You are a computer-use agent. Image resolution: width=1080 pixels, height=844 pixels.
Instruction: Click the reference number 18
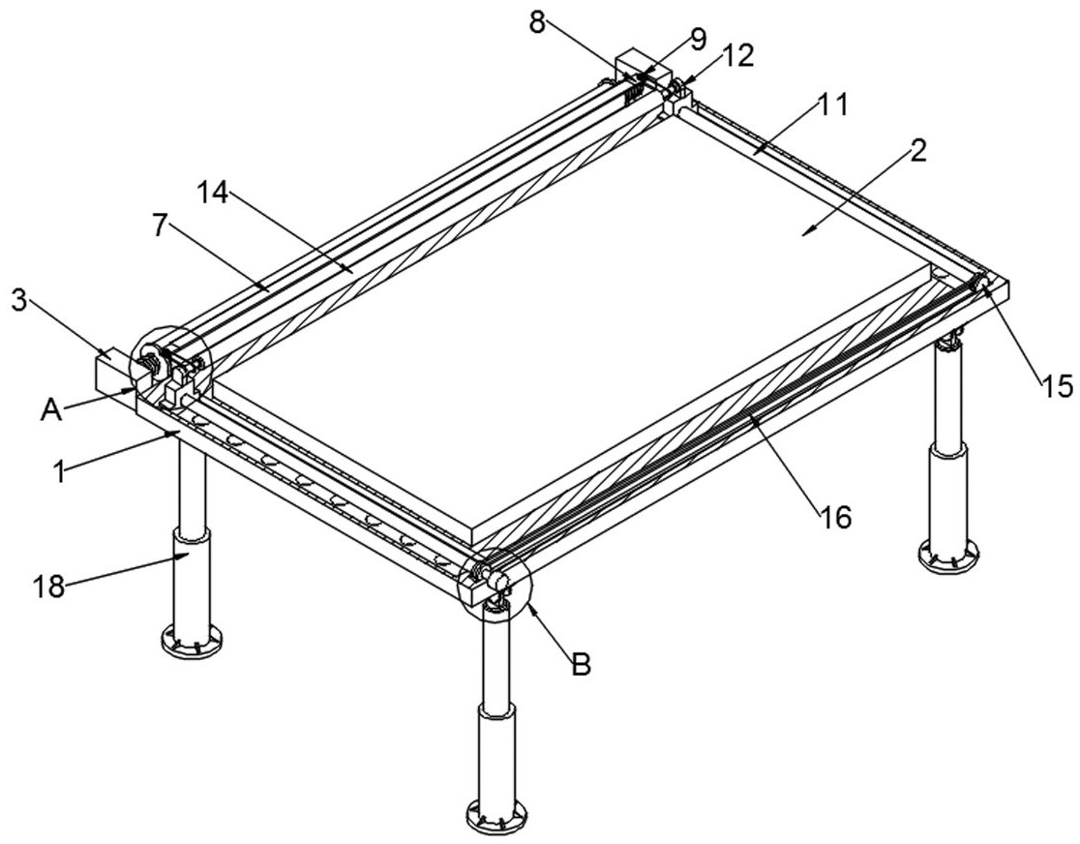click(x=48, y=587)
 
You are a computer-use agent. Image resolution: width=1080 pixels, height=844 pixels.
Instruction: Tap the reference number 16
click(x=835, y=516)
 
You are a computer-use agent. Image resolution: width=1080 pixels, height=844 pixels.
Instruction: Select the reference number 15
click(x=1057, y=386)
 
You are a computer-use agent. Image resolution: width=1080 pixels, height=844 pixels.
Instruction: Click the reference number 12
click(x=737, y=56)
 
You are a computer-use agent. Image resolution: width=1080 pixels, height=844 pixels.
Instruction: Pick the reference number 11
click(x=832, y=105)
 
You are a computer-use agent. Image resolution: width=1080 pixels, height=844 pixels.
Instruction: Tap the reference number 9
click(x=698, y=40)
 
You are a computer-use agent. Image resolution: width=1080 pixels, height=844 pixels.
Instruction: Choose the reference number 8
click(x=537, y=22)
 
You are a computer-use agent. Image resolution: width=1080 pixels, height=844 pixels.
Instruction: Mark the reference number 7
click(x=160, y=226)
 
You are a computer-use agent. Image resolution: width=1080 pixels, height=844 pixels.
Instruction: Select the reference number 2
click(x=918, y=152)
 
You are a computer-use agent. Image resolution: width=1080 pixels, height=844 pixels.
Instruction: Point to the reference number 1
click(x=61, y=472)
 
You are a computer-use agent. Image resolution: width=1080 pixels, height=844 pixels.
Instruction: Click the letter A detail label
click(x=51, y=410)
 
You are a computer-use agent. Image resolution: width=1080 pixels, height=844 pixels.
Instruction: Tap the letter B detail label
click(x=582, y=666)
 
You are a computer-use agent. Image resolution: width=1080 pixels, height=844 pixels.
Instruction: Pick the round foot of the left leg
click(x=193, y=642)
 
